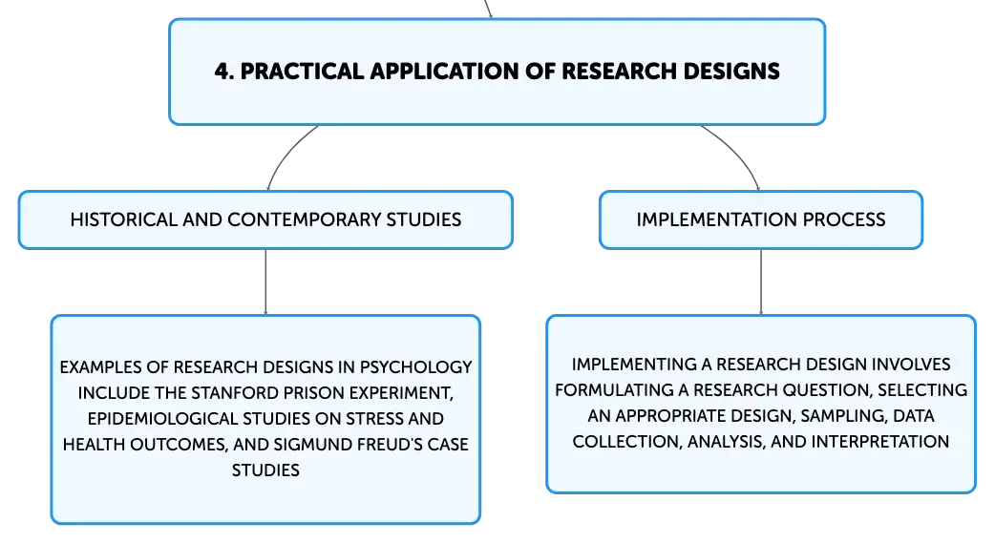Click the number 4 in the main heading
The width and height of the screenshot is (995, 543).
[x=222, y=71]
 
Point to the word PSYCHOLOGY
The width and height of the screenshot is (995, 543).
[x=415, y=367]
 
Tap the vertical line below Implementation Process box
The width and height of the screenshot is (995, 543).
[x=761, y=282]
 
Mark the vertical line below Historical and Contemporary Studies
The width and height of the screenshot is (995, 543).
[x=265, y=282]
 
